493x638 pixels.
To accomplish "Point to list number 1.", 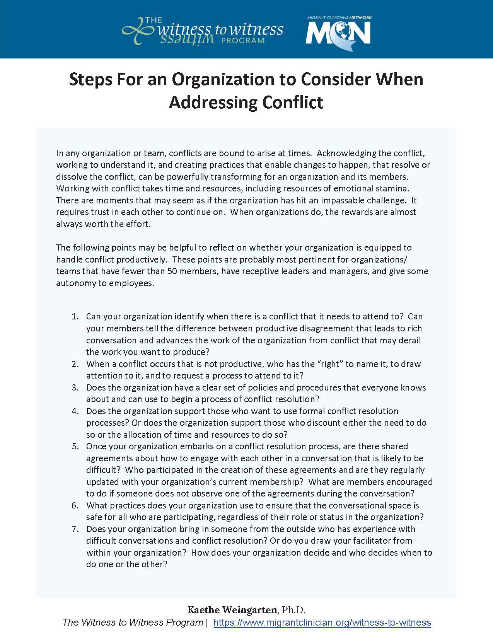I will click(x=75, y=317).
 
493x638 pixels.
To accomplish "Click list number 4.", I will click(x=75, y=411).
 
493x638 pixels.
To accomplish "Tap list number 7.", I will click(x=75, y=529).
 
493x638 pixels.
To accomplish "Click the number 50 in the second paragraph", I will click(x=172, y=271).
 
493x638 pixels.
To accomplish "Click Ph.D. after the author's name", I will click(x=293, y=610).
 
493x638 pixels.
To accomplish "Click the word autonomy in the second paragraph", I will click(x=74, y=283).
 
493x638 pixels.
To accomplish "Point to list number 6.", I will click(x=75, y=505).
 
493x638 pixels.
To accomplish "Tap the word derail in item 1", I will click(x=409, y=340).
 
